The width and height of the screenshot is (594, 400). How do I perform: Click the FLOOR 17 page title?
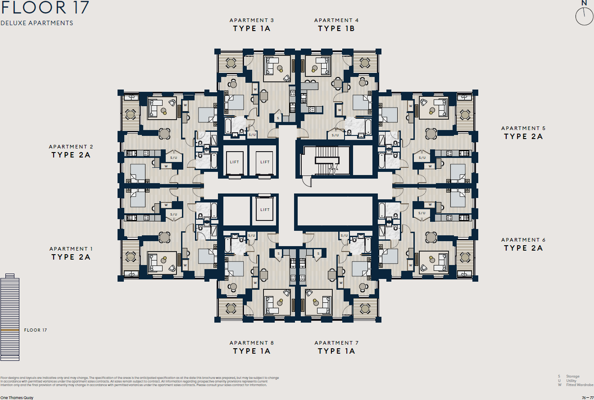click(x=45, y=8)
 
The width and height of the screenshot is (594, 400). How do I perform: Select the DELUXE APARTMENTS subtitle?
click(x=36, y=23)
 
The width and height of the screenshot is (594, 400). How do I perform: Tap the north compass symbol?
click(x=584, y=17)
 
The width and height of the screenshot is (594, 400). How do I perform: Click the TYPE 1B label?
click(x=336, y=29)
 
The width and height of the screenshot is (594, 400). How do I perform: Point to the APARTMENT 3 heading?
click(x=251, y=20)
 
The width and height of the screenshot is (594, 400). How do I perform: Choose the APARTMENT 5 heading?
click(x=523, y=128)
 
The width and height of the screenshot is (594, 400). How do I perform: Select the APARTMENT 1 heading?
click(x=71, y=249)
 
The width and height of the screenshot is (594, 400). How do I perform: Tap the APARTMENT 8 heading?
click(x=251, y=343)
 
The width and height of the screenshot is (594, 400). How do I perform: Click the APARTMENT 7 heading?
click(x=336, y=343)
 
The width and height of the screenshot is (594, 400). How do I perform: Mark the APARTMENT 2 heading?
click(x=71, y=147)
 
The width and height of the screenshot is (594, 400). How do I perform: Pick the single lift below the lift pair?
click(x=265, y=210)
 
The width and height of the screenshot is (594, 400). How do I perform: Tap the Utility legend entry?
click(x=568, y=381)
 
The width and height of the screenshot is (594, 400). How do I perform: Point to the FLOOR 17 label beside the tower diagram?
click(x=36, y=330)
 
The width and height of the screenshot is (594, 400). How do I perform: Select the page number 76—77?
click(x=587, y=398)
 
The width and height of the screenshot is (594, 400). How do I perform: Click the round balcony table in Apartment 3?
click(x=231, y=63)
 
